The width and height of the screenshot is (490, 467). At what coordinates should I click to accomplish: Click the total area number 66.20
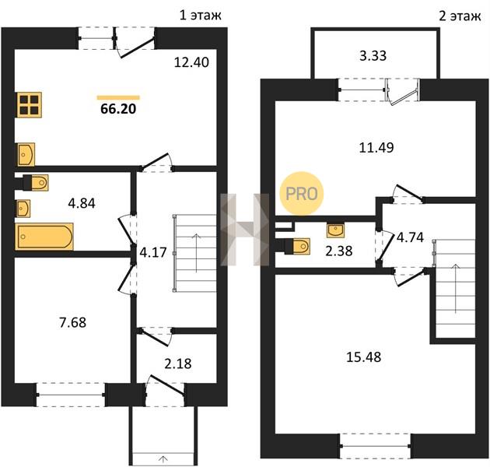click(x=118, y=109)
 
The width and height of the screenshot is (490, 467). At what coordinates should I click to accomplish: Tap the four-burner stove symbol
click(x=30, y=105)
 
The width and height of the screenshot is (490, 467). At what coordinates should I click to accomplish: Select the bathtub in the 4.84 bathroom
click(x=44, y=237)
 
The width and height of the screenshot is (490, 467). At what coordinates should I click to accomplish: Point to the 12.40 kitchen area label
click(x=191, y=62)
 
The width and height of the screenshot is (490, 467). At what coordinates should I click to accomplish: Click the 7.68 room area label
click(x=73, y=322)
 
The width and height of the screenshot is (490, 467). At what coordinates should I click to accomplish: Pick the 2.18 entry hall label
click(x=178, y=363)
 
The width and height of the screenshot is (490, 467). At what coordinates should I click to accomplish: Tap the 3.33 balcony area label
click(x=373, y=56)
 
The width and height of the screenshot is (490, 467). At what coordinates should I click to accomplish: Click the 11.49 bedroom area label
click(x=376, y=147)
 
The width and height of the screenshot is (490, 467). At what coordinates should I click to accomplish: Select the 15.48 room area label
click(x=364, y=356)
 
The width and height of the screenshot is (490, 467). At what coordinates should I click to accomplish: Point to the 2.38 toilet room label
click(x=339, y=251)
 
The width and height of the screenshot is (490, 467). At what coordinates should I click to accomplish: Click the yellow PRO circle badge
click(x=302, y=193)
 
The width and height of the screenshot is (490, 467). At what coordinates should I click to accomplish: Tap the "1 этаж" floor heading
click(x=201, y=15)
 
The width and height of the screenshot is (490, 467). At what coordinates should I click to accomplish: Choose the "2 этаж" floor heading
click(x=460, y=16)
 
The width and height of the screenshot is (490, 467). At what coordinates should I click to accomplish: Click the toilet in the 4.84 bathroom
click(x=35, y=182)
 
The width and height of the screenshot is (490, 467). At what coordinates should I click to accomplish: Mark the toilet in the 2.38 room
click(x=297, y=246)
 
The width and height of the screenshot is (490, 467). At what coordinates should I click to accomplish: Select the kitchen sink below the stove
click(x=26, y=155)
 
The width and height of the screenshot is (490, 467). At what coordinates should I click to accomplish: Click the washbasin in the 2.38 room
click(x=335, y=230)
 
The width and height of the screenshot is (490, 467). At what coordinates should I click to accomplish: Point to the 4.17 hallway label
click(x=152, y=252)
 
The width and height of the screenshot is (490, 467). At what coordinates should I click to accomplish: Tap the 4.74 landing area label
click(x=410, y=237)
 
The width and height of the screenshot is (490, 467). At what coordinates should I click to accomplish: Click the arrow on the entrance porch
click(x=163, y=459)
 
